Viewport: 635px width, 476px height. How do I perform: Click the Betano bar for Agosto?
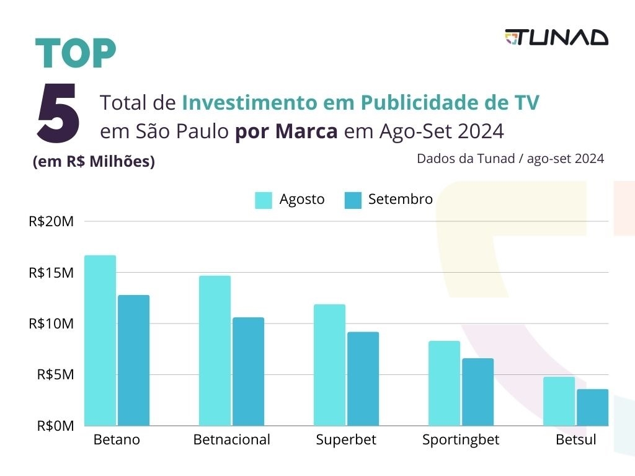coord(100,340)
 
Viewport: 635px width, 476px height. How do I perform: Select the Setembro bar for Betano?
coord(134,360)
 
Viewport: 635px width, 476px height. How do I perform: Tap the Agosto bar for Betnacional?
coord(215,350)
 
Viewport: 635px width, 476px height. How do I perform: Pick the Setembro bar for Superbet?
coord(363,379)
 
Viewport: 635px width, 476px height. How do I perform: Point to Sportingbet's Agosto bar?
coord(444,383)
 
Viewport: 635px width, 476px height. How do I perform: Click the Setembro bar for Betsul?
coord(592,407)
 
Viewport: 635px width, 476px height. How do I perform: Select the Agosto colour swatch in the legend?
coord(264,200)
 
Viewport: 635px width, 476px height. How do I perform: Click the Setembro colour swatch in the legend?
coord(353,200)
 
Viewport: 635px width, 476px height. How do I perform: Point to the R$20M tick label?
coord(51,221)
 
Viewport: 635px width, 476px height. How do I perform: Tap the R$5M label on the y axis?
coord(55,375)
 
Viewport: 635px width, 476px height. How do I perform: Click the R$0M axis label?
coord(55,426)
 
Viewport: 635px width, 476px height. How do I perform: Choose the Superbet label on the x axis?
coord(346,440)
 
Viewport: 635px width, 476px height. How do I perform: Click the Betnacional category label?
coord(232,440)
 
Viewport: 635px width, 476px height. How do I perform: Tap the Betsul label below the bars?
coord(575,440)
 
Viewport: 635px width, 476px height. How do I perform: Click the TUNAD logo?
coord(556,38)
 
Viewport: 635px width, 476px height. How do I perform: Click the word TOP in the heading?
coord(76,55)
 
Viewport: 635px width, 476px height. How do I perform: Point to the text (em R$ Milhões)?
coord(94,162)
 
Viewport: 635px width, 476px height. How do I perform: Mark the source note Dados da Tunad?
coord(510,159)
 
